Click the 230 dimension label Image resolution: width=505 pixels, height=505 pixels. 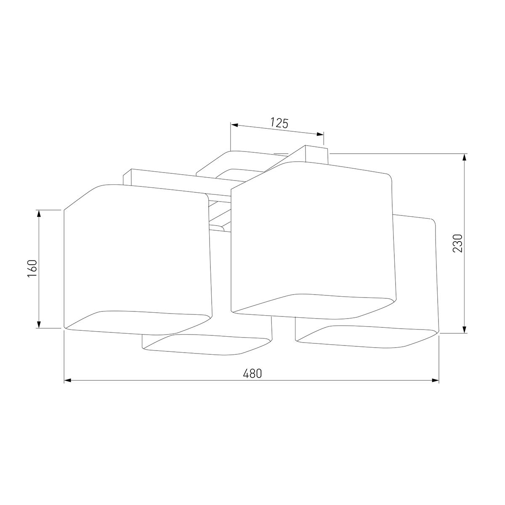[457, 243]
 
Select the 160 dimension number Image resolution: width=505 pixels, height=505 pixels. [32, 268]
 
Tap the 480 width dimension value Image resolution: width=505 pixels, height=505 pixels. [252, 373]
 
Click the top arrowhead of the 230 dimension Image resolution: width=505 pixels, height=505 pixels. [464, 157]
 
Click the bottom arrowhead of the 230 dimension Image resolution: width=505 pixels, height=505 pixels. [464, 330]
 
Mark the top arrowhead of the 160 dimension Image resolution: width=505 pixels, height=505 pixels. [39, 214]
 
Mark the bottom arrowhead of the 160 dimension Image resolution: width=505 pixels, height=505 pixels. [39, 324]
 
